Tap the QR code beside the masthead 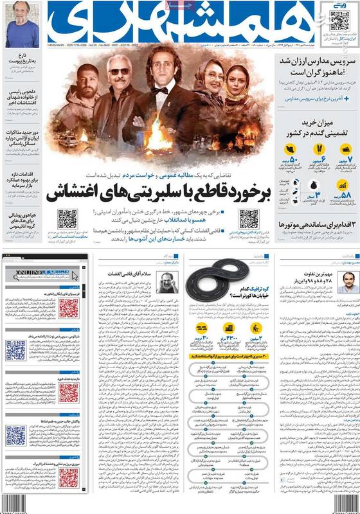pos(339,21)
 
